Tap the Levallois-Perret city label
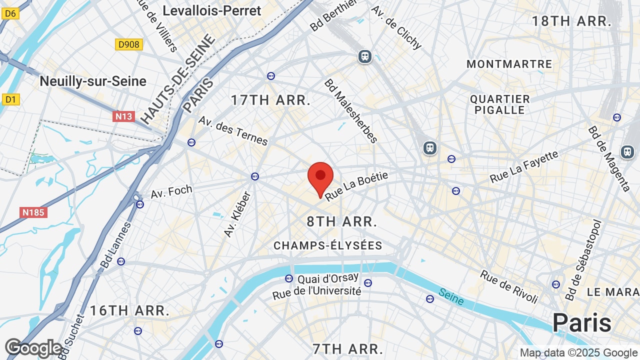tap(212, 10)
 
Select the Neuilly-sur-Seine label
tap(93, 81)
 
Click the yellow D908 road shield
tap(129, 44)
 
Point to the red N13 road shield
tap(123, 116)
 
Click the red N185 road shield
tap(33, 212)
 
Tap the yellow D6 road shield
tap(10, 13)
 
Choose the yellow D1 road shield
tap(10, 99)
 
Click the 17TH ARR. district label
tap(271, 100)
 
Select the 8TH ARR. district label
tap(342, 221)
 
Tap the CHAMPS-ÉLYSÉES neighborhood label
tap(328, 245)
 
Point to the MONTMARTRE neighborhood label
tap(509, 64)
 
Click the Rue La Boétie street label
tap(356, 185)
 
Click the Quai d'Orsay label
tap(328, 278)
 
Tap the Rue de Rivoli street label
tap(509, 286)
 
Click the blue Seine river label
tap(451, 296)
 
